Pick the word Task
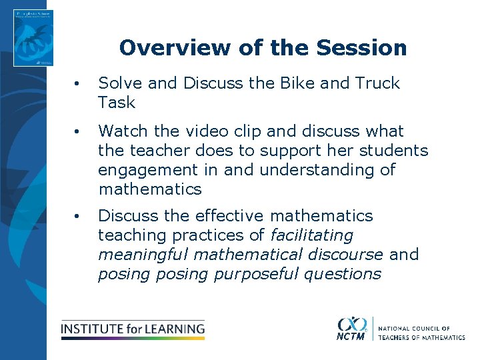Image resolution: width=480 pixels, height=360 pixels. [117, 103]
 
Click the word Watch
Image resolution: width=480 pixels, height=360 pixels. [124, 131]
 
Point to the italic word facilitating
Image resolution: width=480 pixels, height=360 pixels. [311, 235]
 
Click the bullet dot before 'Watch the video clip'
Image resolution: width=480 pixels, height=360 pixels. [78, 132]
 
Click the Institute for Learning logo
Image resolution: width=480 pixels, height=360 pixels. [133, 329]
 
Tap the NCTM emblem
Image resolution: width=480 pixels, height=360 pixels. [351, 328]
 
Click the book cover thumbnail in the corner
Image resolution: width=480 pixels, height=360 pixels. [33, 37]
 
